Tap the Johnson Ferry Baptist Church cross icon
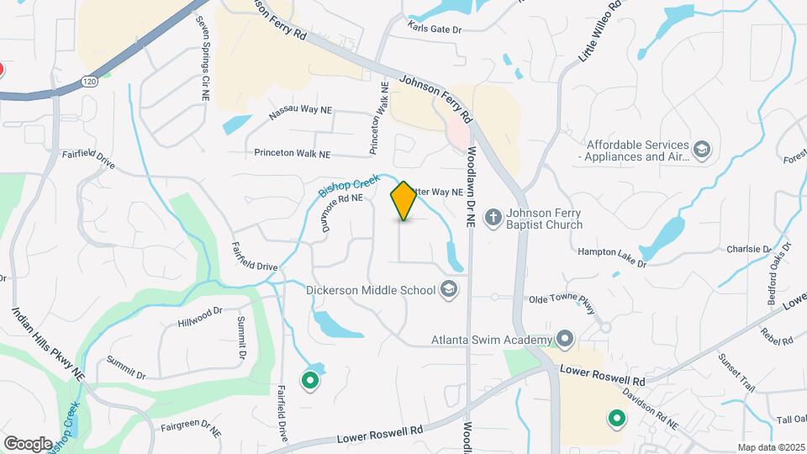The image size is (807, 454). coord(493,215)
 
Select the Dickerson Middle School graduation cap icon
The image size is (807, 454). coord(450,290)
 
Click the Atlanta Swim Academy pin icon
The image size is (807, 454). coord(565,340)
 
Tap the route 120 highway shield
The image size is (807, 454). coord(88,80)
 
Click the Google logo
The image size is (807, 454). coord(28,443)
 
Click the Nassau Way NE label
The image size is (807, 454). coord(300,112)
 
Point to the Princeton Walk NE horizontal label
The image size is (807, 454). coord(293,154)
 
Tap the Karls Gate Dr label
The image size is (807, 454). coord(435,29)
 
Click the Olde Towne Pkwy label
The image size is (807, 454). coord(562,298)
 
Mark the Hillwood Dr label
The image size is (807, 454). coord(200,316)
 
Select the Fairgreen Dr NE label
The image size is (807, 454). coord(189,429)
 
